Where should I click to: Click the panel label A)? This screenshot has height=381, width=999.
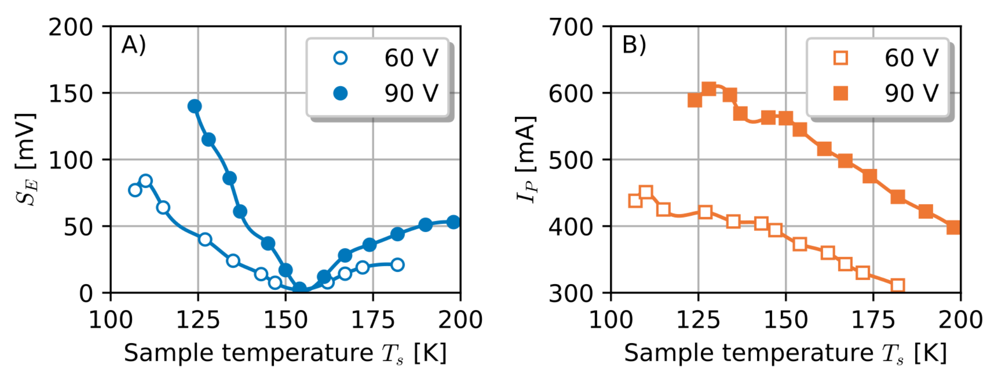coord(133,45)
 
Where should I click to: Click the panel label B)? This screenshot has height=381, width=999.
coord(634,45)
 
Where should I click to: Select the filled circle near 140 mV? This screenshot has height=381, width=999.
coord(195,106)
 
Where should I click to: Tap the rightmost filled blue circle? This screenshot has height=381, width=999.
coord(454,222)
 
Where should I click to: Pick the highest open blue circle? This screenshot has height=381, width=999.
coord(146,181)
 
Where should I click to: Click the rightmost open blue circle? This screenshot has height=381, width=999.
coord(397,264)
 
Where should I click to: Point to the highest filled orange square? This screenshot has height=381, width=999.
coord(709,89)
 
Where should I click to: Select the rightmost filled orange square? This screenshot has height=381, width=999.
coord(953,227)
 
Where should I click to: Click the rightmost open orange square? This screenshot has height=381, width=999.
coord(898,285)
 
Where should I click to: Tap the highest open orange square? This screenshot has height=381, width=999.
coord(646,192)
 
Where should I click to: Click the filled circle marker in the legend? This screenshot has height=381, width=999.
coord(340,94)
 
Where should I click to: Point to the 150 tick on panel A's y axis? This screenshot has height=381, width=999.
coord(71,94)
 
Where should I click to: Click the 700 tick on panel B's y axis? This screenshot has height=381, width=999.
coord(571,27)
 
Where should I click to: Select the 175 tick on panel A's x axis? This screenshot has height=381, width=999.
coord(373,321)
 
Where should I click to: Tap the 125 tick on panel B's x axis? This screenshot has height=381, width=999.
coord(698,321)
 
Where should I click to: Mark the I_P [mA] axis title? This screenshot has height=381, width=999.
coord(525,159)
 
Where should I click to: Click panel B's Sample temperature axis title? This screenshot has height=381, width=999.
coord(785,353)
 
